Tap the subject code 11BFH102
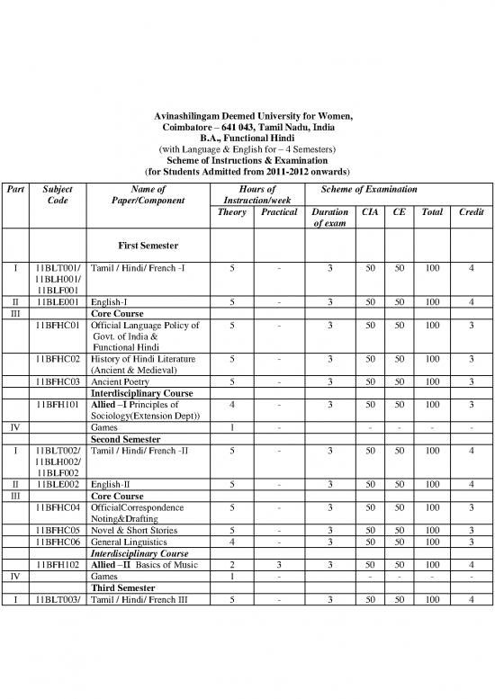(58, 564)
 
